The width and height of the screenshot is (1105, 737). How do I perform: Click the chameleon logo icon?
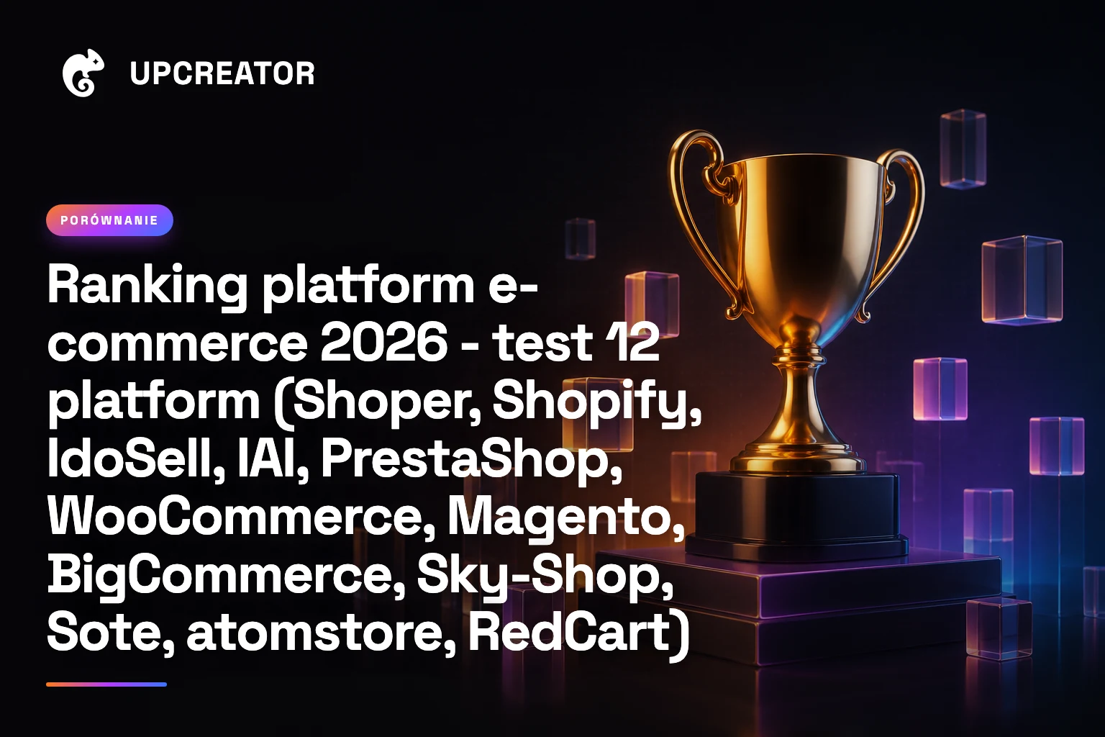(83, 73)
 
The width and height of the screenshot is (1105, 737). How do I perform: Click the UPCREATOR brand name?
(222, 73)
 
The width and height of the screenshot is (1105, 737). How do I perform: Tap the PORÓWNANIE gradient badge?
(109, 220)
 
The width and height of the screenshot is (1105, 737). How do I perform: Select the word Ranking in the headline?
(147, 287)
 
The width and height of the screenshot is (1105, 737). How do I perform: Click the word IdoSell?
(130, 459)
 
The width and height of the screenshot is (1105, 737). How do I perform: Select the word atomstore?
(314, 633)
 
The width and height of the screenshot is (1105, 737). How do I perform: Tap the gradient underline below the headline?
(106, 684)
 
